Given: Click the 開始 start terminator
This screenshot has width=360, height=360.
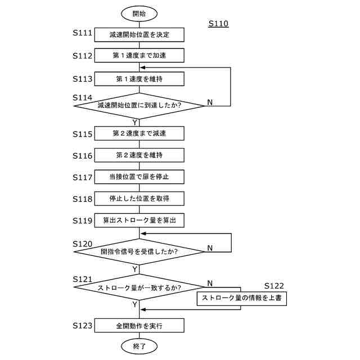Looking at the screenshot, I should (x=139, y=12).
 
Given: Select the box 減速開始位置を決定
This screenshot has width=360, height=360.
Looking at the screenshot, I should (x=139, y=34).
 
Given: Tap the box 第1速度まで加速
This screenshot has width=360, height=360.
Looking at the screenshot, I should (x=139, y=56).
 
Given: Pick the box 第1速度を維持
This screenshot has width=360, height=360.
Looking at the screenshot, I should (x=139, y=78).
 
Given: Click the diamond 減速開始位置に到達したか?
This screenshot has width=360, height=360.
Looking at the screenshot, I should (x=139, y=105).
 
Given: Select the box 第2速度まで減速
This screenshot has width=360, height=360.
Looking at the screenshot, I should (x=139, y=133).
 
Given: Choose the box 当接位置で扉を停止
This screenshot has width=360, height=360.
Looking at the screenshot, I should (x=139, y=177).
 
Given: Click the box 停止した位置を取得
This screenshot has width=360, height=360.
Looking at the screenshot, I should (x=139, y=199).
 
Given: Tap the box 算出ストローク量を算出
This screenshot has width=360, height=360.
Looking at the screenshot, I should (x=139, y=220).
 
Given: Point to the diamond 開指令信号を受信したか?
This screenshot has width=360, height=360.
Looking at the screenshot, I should (x=139, y=251).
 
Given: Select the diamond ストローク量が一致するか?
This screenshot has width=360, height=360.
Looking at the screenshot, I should (x=139, y=288).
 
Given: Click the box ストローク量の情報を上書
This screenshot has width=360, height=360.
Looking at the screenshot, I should (x=241, y=299).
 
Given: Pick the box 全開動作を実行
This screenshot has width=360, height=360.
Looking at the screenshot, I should (x=139, y=326).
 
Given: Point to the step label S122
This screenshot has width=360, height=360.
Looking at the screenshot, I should (x=274, y=286).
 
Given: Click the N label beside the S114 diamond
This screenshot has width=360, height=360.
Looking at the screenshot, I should (x=210, y=102).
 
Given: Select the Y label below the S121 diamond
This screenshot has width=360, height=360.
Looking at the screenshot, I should (x=135, y=304).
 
